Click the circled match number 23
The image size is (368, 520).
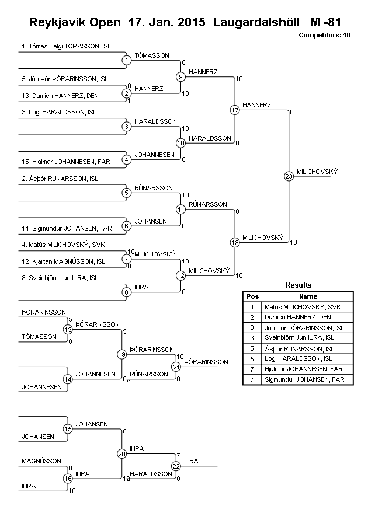coord(289,176)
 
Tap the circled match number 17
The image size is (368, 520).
coord(235,110)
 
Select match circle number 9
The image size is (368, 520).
coord(180,77)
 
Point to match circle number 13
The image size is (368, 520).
coord(68,330)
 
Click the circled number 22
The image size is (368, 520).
coord(176,466)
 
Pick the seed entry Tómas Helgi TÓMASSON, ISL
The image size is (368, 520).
coord(67,47)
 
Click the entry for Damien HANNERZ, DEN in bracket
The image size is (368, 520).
coord(60,96)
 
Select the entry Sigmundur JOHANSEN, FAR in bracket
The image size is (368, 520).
coord(67,228)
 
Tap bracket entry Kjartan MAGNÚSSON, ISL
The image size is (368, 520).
coord(64,261)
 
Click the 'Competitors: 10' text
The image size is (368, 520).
coord(324,35)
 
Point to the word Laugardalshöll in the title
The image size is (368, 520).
coord(256,22)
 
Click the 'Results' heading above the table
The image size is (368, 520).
coord(298,285)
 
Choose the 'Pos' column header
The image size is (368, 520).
coord(253,296)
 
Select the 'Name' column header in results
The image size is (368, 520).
coord(308,296)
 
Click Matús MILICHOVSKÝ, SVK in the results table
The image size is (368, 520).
coord(303,307)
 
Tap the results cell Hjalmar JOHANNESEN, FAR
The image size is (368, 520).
coord(304,369)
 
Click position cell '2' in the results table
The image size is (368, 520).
coord(252,317)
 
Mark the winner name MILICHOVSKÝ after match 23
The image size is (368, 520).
coord(317,172)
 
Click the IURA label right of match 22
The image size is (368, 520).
coord(191,461)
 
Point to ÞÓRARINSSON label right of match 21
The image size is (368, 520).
coord(206,362)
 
